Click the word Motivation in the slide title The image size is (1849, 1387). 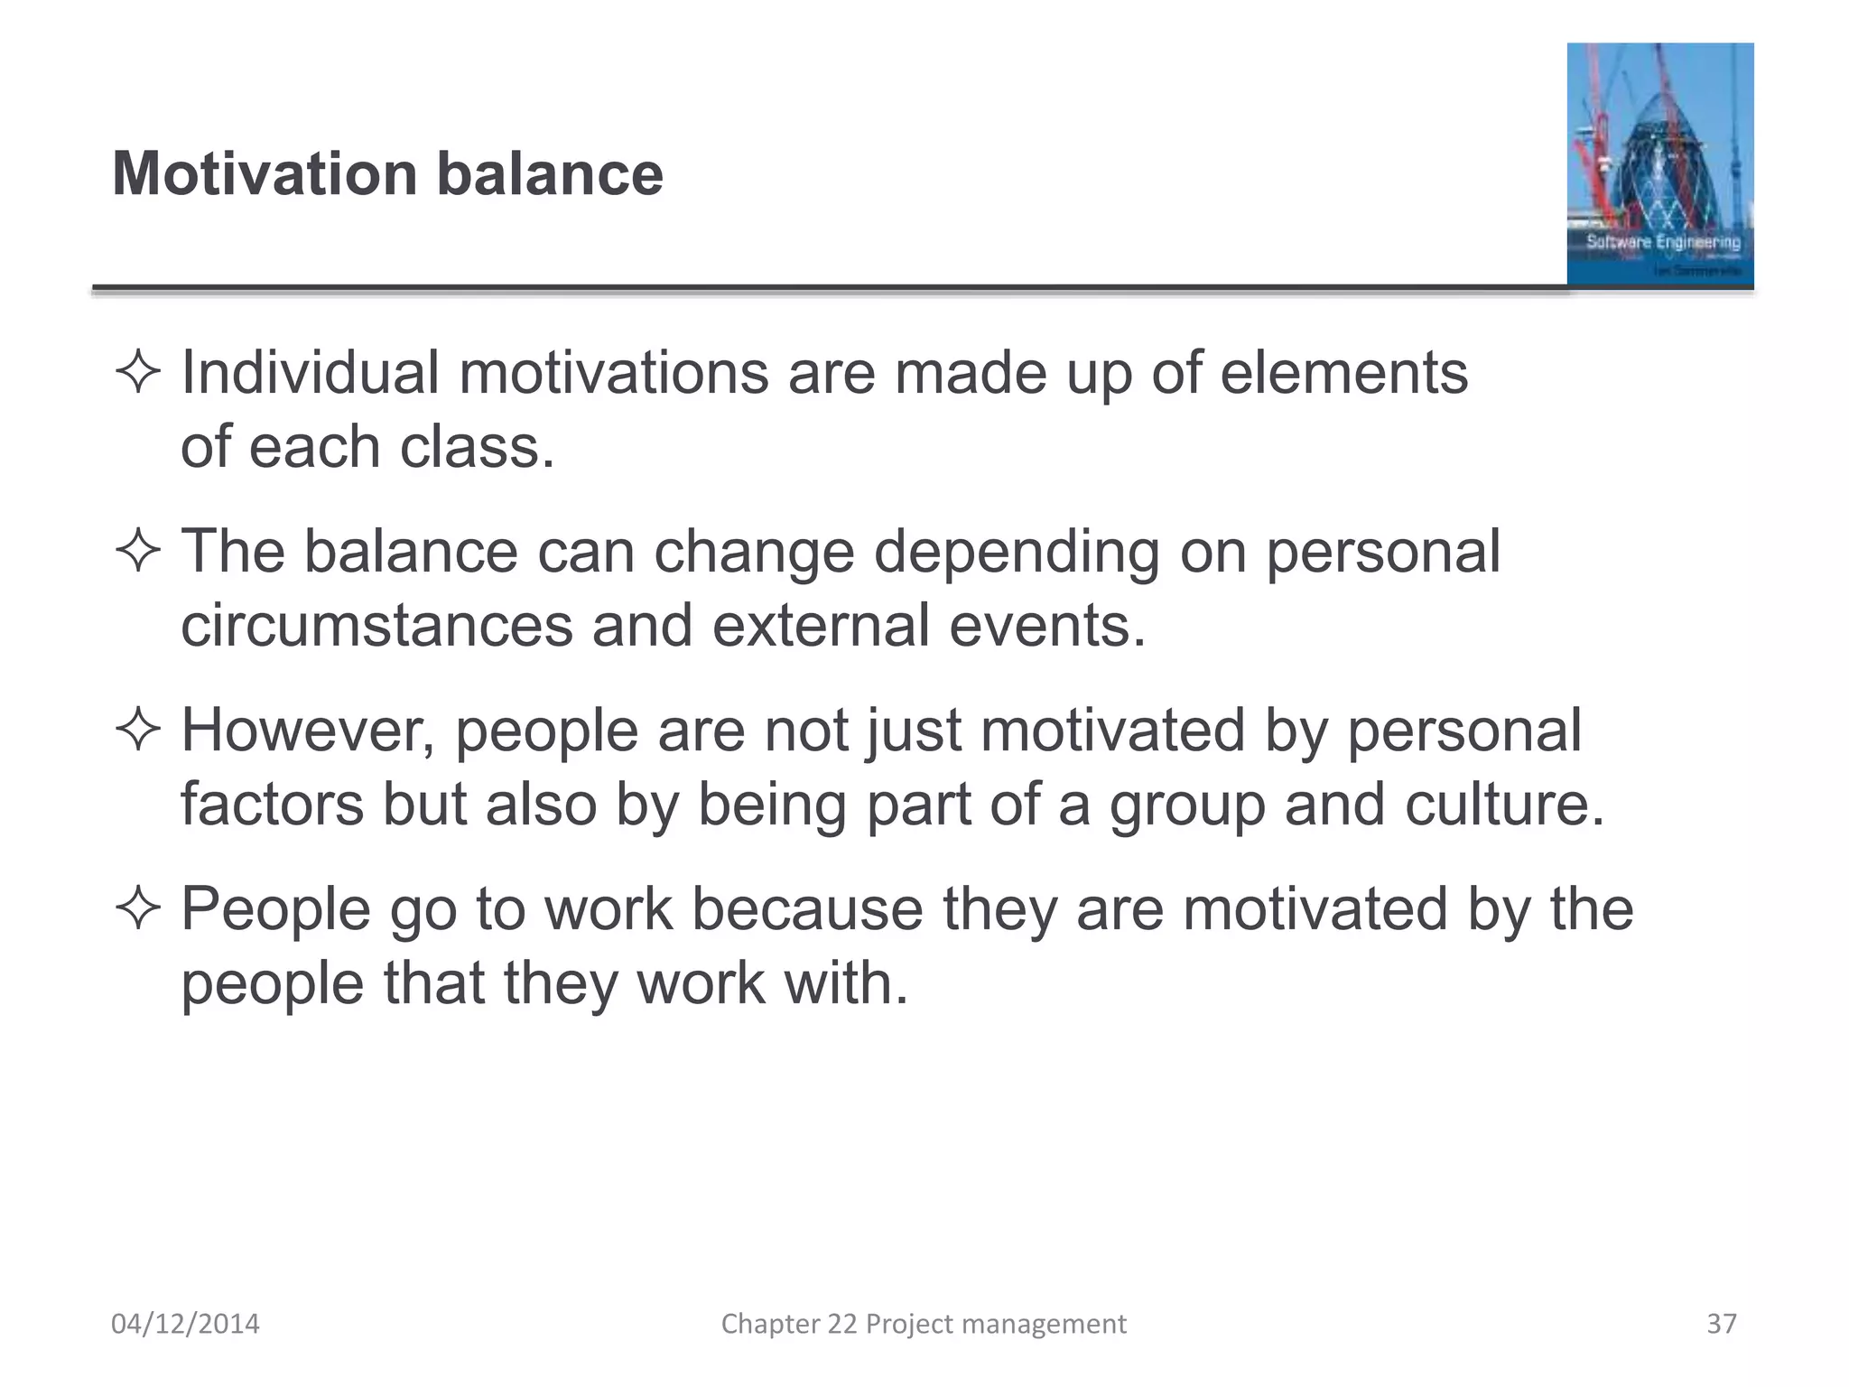coord(265,173)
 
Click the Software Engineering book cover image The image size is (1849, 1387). coord(1659,164)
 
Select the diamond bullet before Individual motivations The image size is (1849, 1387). coord(138,373)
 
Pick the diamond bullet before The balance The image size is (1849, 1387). coord(138,552)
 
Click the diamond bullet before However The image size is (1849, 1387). coord(138,730)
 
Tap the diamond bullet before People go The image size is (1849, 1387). coord(138,908)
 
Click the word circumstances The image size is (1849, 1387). coord(376,626)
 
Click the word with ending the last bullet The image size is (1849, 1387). coord(835,982)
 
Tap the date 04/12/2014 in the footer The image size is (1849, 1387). coord(185,1324)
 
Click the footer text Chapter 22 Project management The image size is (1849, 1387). coord(923,1324)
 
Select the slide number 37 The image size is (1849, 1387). coord(1721,1324)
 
